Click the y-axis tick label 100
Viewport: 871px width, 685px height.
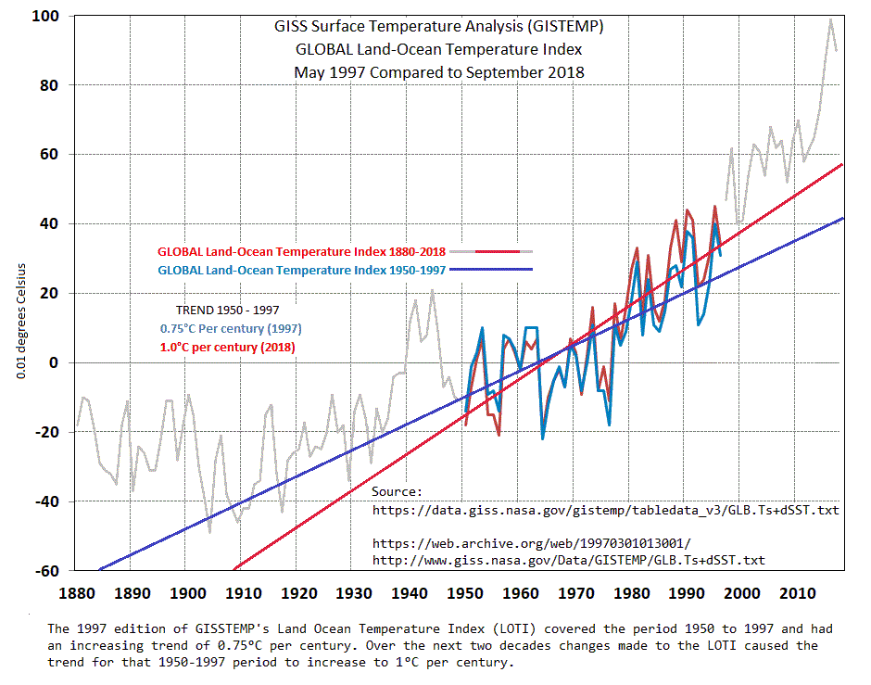tap(47, 16)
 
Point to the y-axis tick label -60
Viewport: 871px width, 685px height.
tap(45, 570)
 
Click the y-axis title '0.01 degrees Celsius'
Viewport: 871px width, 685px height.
tap(19, 320)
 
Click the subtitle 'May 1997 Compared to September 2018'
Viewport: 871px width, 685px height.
tap(438, 71)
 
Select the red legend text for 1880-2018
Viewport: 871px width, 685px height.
tap(302, 251)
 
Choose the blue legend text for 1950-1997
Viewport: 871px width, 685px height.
tap(302, 270)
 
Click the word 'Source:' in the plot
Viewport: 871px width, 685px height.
tap(397, 491)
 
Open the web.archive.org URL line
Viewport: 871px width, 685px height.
tap(532, 542)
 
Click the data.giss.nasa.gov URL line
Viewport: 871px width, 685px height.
tap(606, 509)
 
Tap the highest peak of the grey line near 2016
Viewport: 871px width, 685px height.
tap(831, 19)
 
